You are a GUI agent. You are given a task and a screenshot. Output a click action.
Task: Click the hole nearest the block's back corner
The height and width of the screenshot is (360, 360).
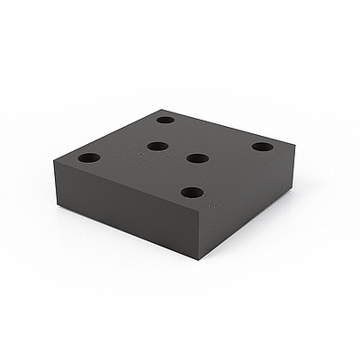[x=166, y=119]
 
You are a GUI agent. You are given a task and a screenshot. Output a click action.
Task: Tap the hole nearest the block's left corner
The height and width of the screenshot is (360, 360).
[x=88, y=157]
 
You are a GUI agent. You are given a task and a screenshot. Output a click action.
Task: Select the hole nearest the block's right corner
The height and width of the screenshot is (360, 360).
[x=262, y=147]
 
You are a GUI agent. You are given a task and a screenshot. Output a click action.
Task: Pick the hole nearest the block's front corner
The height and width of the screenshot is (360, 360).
[x=191, y=192]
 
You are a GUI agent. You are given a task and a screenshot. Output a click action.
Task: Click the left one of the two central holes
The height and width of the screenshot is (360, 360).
[x=157, y=146]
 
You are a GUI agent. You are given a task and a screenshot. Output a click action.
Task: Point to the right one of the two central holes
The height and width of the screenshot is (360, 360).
[x=197, y=158]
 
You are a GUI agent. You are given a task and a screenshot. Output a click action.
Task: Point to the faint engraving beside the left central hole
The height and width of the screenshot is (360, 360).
[x=142, y=155]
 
